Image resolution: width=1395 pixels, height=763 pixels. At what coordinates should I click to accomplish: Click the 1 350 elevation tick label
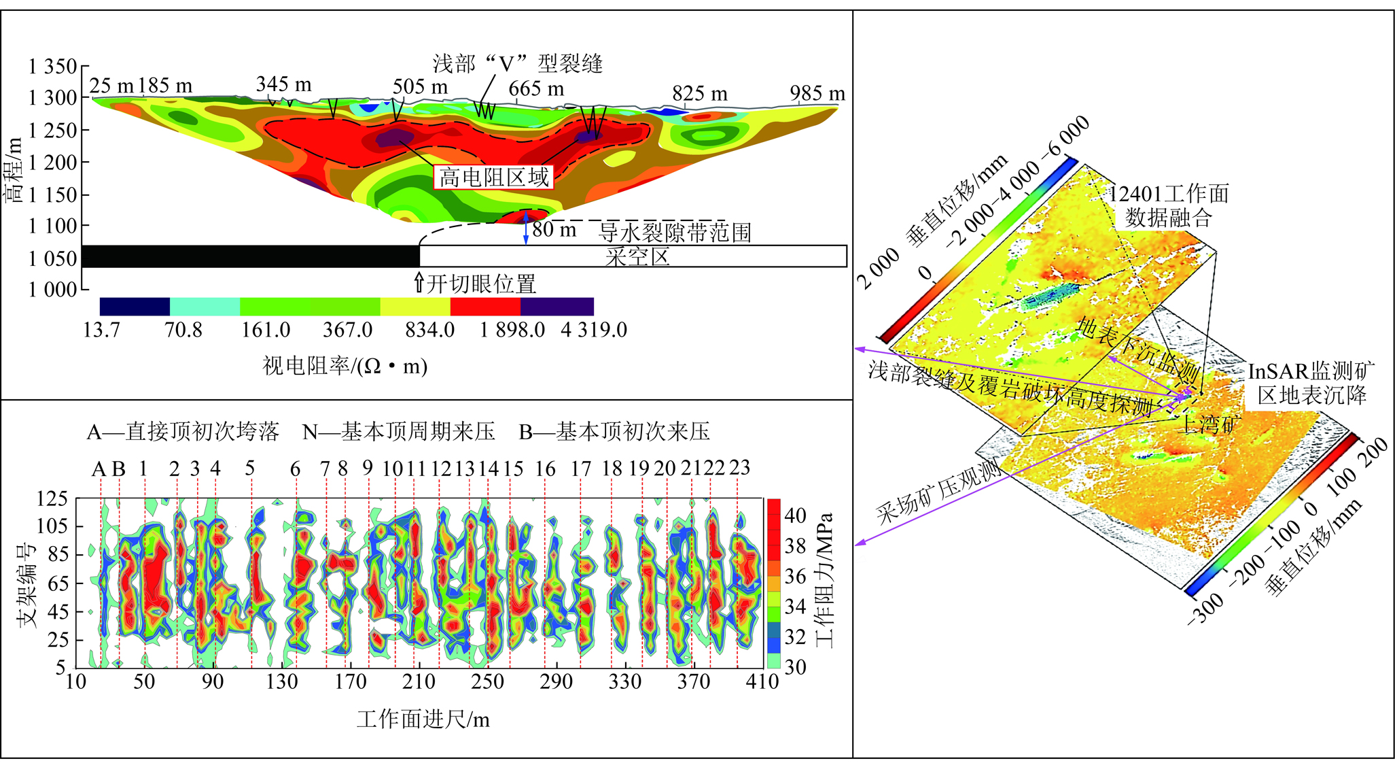(53, 67)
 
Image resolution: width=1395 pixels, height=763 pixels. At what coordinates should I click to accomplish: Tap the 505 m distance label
(420, 87)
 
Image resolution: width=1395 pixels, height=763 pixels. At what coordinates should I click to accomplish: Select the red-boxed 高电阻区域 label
(493, 177)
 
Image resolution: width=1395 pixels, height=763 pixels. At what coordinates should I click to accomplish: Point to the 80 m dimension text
(554, 230)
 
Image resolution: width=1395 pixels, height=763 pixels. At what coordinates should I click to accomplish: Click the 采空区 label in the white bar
(637, 257)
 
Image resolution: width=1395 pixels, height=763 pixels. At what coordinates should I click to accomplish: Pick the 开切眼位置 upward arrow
(419, 282)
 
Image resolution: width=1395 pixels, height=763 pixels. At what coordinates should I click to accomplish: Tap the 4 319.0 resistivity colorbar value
(593, 330)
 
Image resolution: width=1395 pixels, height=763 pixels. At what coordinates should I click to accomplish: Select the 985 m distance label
(817, 93)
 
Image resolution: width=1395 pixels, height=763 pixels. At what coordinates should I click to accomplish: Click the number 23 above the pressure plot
(739, 468)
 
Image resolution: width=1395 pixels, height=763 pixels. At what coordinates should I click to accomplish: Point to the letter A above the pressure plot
(99, 469)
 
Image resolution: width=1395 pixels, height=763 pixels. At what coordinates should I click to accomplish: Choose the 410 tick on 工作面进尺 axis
(762, 681)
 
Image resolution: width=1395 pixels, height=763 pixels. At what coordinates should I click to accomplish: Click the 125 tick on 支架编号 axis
(52, 499)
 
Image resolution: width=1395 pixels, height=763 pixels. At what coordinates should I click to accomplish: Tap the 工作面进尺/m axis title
(423, 719)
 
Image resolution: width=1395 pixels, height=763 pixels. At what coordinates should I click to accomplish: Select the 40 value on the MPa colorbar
(794, 515)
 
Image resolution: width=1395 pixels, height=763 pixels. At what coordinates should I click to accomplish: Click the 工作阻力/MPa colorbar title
(824, 579)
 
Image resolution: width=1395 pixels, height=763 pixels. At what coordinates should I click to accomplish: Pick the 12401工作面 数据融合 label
(1169, 205)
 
